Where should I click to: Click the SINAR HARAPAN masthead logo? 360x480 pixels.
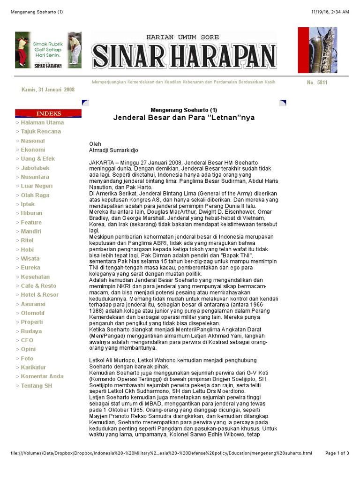click(184, 51)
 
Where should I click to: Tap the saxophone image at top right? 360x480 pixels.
click(317, 50)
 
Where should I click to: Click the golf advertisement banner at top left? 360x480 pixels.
click(48, 50)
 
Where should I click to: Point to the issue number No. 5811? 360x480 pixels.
click(317, 82)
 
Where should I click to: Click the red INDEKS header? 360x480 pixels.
click(48, 113)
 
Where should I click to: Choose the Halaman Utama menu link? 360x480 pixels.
click(42, 123)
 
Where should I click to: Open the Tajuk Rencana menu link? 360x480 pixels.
click(41, 132)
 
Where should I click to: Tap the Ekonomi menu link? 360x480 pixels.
click(33, 150)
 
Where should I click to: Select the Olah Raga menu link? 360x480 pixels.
click(35, 195)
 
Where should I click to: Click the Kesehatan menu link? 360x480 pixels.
click(35, 277)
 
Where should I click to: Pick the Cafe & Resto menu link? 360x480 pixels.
click(38, 286)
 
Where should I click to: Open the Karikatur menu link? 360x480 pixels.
click(33, 367)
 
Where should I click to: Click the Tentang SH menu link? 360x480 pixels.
click(37, 386)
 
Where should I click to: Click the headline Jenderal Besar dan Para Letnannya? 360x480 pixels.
click(184, 118)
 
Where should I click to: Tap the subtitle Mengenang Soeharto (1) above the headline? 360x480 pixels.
click(184, 110)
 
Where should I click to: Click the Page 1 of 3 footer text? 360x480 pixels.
click(337, 453)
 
